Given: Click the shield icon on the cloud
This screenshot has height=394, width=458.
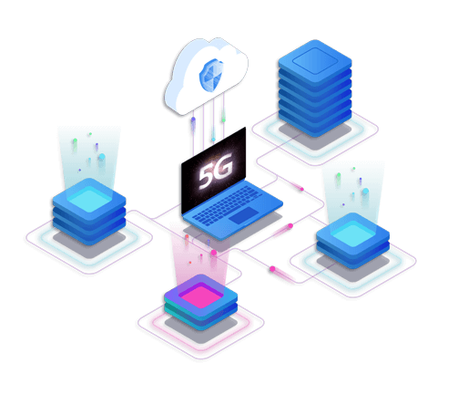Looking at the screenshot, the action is (x=211, y=75).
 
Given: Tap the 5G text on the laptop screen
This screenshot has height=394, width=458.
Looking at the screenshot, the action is (x=216, y=171).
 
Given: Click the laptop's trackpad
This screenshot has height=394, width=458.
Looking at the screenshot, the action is (x=244, y=215).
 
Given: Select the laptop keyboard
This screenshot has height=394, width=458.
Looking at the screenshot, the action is (x=227, y=205).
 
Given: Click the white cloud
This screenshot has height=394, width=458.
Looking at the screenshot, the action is (x=206, y=76).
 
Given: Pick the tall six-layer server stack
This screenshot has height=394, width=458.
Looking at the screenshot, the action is (x=315, y=88).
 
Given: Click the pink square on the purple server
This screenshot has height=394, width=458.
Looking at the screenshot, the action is (x=200, y=295).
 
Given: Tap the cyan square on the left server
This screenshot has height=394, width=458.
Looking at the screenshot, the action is (x=89, y=199).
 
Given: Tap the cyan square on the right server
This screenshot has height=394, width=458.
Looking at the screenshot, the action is (x=352, y=233).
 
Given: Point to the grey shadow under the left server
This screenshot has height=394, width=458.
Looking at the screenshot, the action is (x=89, y=245).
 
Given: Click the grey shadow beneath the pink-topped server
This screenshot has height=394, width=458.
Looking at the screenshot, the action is (x=201, y=331).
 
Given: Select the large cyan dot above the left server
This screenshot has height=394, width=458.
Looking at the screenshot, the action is (x=102, y=157).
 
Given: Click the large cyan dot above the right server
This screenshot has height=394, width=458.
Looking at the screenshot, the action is (x=365, y=192).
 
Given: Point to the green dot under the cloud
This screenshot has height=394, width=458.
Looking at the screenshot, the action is (x=224, y=120).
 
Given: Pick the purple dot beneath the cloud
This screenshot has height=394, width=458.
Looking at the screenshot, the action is (x=193, y=119).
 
